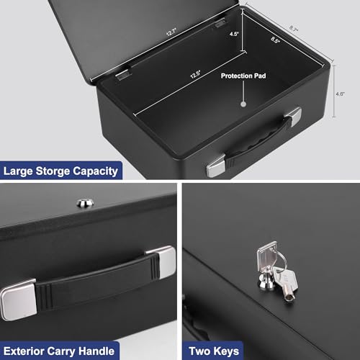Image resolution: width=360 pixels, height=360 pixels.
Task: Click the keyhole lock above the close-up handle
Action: (86, 204)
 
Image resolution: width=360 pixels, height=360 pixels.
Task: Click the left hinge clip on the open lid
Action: (124, 73)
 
